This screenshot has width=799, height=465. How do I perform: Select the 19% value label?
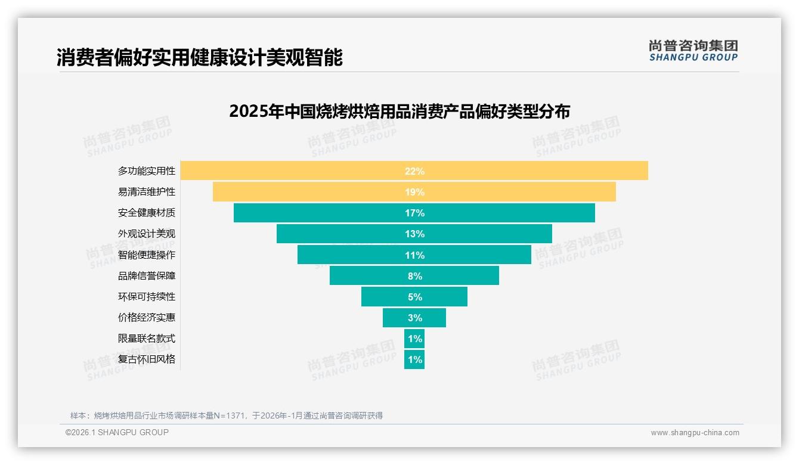click(x=414, y=192)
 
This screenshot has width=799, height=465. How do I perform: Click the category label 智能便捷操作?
click(x=147, y=255)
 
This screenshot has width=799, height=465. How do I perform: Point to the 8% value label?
click(x=414, y=276)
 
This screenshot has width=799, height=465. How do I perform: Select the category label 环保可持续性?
click(x=147, y=296)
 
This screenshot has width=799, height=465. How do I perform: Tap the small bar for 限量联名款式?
click(x=414, y=339)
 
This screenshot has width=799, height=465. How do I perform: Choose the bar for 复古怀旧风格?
click(x=414, y=359)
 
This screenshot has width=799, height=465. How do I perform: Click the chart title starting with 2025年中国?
click(x=399, y=111)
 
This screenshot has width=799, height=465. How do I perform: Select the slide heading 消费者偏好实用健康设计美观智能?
click(x=200, y=58)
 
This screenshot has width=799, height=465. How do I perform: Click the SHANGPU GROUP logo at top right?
click(x=693, y=51)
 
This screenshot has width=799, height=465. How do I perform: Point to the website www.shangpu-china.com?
click(x=695, y=433)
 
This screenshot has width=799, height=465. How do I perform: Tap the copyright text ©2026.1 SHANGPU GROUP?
click(x=117, y=432)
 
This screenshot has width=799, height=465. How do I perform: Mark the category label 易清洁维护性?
click(x=147, y=192)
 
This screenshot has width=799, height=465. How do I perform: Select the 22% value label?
click(x=414, y=171)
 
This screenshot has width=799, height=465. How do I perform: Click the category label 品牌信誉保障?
click(x=147, y=276)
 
